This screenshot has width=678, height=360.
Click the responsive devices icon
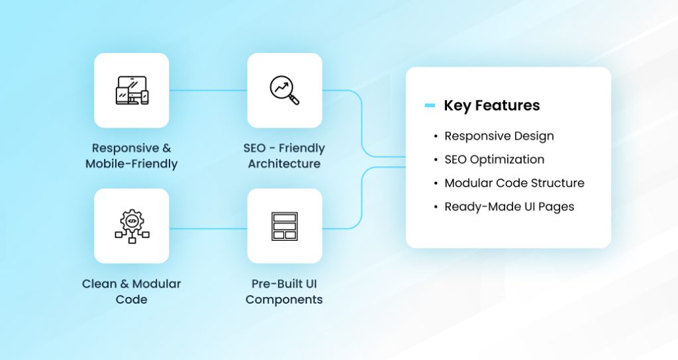tap(132, 91)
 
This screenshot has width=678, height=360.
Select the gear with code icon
tap(132, 226)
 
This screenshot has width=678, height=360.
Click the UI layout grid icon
tap(285, 226)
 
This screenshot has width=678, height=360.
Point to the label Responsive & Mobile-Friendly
tap(131, 156)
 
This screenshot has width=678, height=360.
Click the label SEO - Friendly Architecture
tap(284, 156)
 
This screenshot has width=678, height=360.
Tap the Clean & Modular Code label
tap(131, 291)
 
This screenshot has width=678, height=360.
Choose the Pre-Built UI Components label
tap(284, 291)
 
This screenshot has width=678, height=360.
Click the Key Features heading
tap(491, 105)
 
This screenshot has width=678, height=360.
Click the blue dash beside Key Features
tap(430, 105)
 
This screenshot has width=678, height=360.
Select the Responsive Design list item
tap(499, 136)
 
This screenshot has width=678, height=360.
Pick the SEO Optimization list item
tap(494, 159)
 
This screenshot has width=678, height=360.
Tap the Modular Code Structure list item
tap(514, 183)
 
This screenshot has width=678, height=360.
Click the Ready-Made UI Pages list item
tap(508, 206)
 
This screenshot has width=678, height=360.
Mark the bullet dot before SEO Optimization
tap(436, 160)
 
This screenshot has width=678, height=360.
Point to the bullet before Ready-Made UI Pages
tap(436, 207)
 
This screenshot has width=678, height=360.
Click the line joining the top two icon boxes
tap(208, 91)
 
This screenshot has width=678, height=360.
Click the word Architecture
tap(284, 163)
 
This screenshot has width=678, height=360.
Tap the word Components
tap(284, 299)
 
